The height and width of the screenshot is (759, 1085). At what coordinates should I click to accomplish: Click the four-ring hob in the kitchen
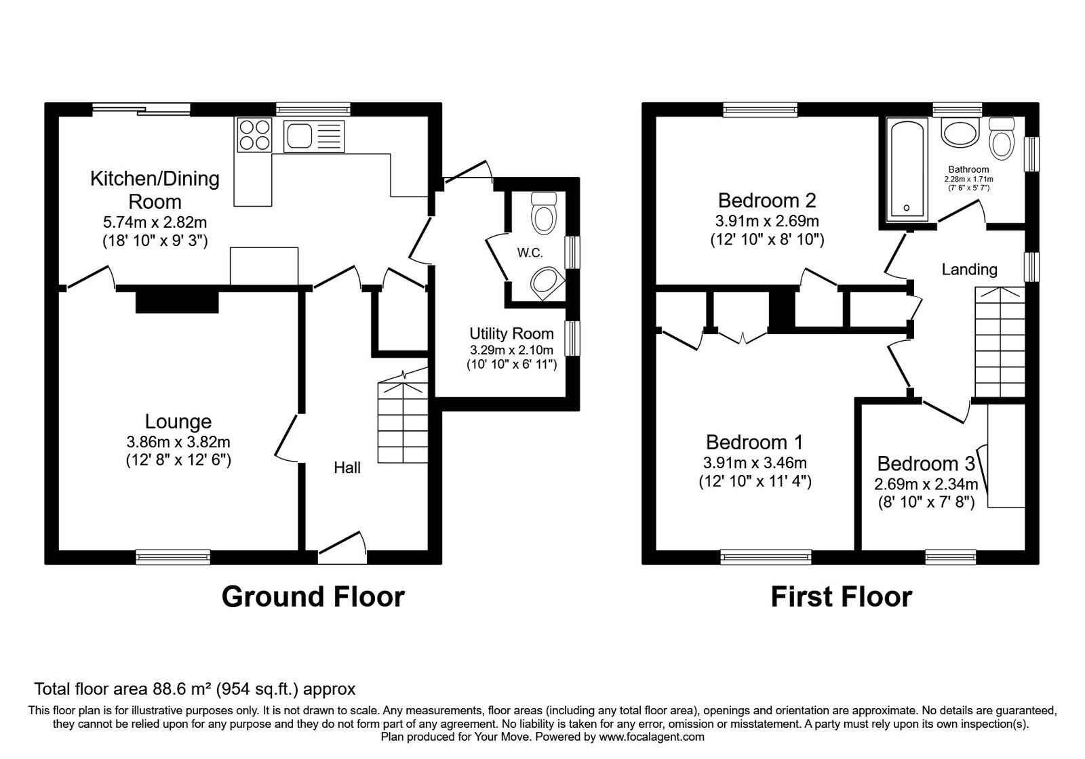tap(254, 134)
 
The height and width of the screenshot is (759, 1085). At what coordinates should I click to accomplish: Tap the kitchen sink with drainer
tap(314, 135)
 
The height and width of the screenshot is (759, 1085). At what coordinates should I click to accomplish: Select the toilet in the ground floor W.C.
tap(544, 211)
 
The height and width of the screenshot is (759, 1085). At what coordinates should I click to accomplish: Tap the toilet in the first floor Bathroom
tap(1002, 138)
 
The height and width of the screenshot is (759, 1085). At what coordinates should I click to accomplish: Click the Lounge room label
tap(178, 422)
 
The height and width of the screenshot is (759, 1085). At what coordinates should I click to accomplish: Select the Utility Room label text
tap(511, 333)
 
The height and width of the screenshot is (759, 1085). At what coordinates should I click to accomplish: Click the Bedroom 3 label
tap(926, 464)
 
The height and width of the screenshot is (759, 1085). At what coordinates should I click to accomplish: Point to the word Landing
tap(969, 270)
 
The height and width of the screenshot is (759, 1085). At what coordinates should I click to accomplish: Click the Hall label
tap(347, 468)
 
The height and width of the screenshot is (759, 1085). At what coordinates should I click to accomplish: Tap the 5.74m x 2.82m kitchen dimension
tap(155, 222)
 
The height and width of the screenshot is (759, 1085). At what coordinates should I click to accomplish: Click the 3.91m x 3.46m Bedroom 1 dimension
tap(755, 464)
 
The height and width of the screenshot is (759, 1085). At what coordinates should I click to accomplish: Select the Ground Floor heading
tap(313, 596)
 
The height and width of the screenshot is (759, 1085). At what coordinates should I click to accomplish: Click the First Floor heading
tap(841, 596)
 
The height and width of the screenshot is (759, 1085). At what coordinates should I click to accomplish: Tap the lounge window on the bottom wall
tap(173, 557)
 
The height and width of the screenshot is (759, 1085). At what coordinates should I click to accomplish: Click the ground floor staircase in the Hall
tap(403, 420)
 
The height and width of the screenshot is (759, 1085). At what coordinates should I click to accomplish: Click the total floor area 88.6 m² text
tap(195, 689)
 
